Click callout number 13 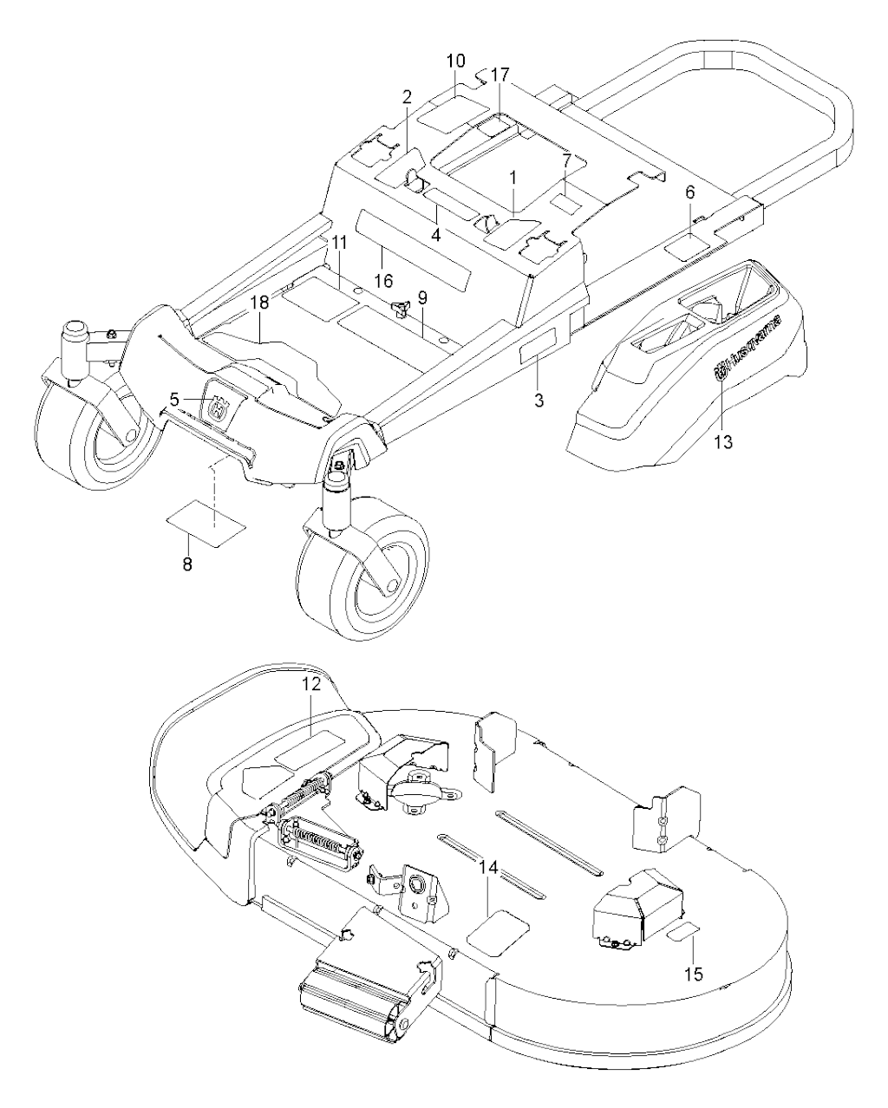pos(724,442)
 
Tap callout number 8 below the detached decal pos(187,564)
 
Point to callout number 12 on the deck pos(311,684)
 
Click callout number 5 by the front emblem pos(174,399)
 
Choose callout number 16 pos(384,281)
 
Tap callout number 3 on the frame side pos(539,400)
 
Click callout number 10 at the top pos(456,61)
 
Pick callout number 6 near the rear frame pos(690,192)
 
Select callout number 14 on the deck pos(489,868)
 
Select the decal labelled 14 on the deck pos(498,933)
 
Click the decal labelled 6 pos(688,243)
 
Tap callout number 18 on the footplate pos(259,303)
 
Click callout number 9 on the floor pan pos(422,297)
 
